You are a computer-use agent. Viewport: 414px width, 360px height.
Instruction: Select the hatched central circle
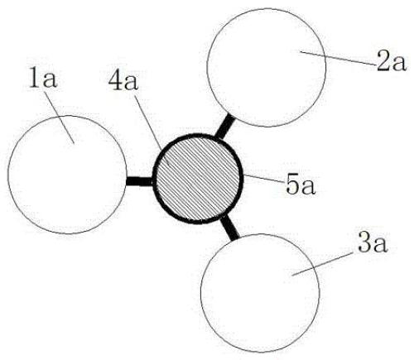(x=198, y=179)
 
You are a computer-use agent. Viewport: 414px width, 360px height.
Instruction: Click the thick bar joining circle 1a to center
(x=139, y=181)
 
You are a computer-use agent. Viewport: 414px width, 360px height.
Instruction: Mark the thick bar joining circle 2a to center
(x=224, y=126)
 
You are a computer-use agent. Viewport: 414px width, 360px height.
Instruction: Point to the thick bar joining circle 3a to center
(x=229, y=228)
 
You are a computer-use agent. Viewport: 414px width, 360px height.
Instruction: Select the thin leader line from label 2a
(x=339, y=58)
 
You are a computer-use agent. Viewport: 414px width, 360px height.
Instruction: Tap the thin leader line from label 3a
(x=323, y=263)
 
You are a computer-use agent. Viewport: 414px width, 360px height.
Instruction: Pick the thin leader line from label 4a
(x=152, y=129)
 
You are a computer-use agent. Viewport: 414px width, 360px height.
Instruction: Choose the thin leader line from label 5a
(x=263, y=179)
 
